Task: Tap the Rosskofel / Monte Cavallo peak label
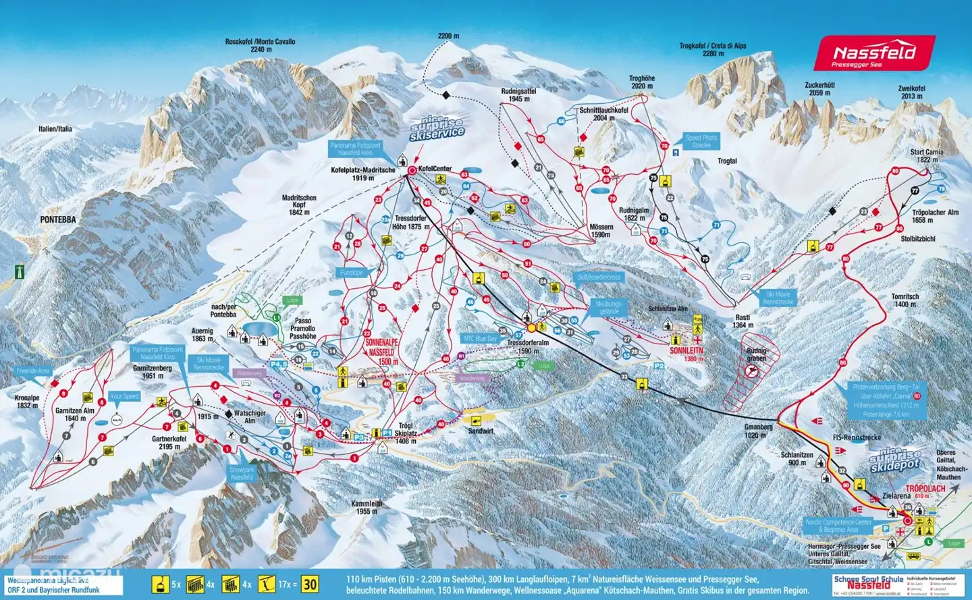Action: click(x=260, y=45)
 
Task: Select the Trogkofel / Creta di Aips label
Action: click(x=713, y=49)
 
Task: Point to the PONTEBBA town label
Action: click(x=58, y=220)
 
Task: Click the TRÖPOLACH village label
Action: click(x=925, y=488)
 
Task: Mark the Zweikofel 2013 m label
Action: click(x=911, y=92)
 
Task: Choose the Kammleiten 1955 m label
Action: click(x=367, y=508)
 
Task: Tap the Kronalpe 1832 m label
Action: click(x=27, y=402)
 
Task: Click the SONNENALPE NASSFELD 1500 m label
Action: click(x=381, y=352)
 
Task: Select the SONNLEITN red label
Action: click(x=686, y=351)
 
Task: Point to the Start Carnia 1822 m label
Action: click(x=927, y=156)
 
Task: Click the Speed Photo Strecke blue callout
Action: click(x=701, y=141)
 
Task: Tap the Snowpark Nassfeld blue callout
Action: click(x=242, y=473)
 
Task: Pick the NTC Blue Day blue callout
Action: click(x=480, y=338)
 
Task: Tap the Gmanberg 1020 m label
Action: click(x=758, y=431)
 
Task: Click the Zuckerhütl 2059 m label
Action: click(x=819, y=89)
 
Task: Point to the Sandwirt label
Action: click(x=481, y=431)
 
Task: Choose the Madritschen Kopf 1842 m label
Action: click(x=299, y=205)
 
